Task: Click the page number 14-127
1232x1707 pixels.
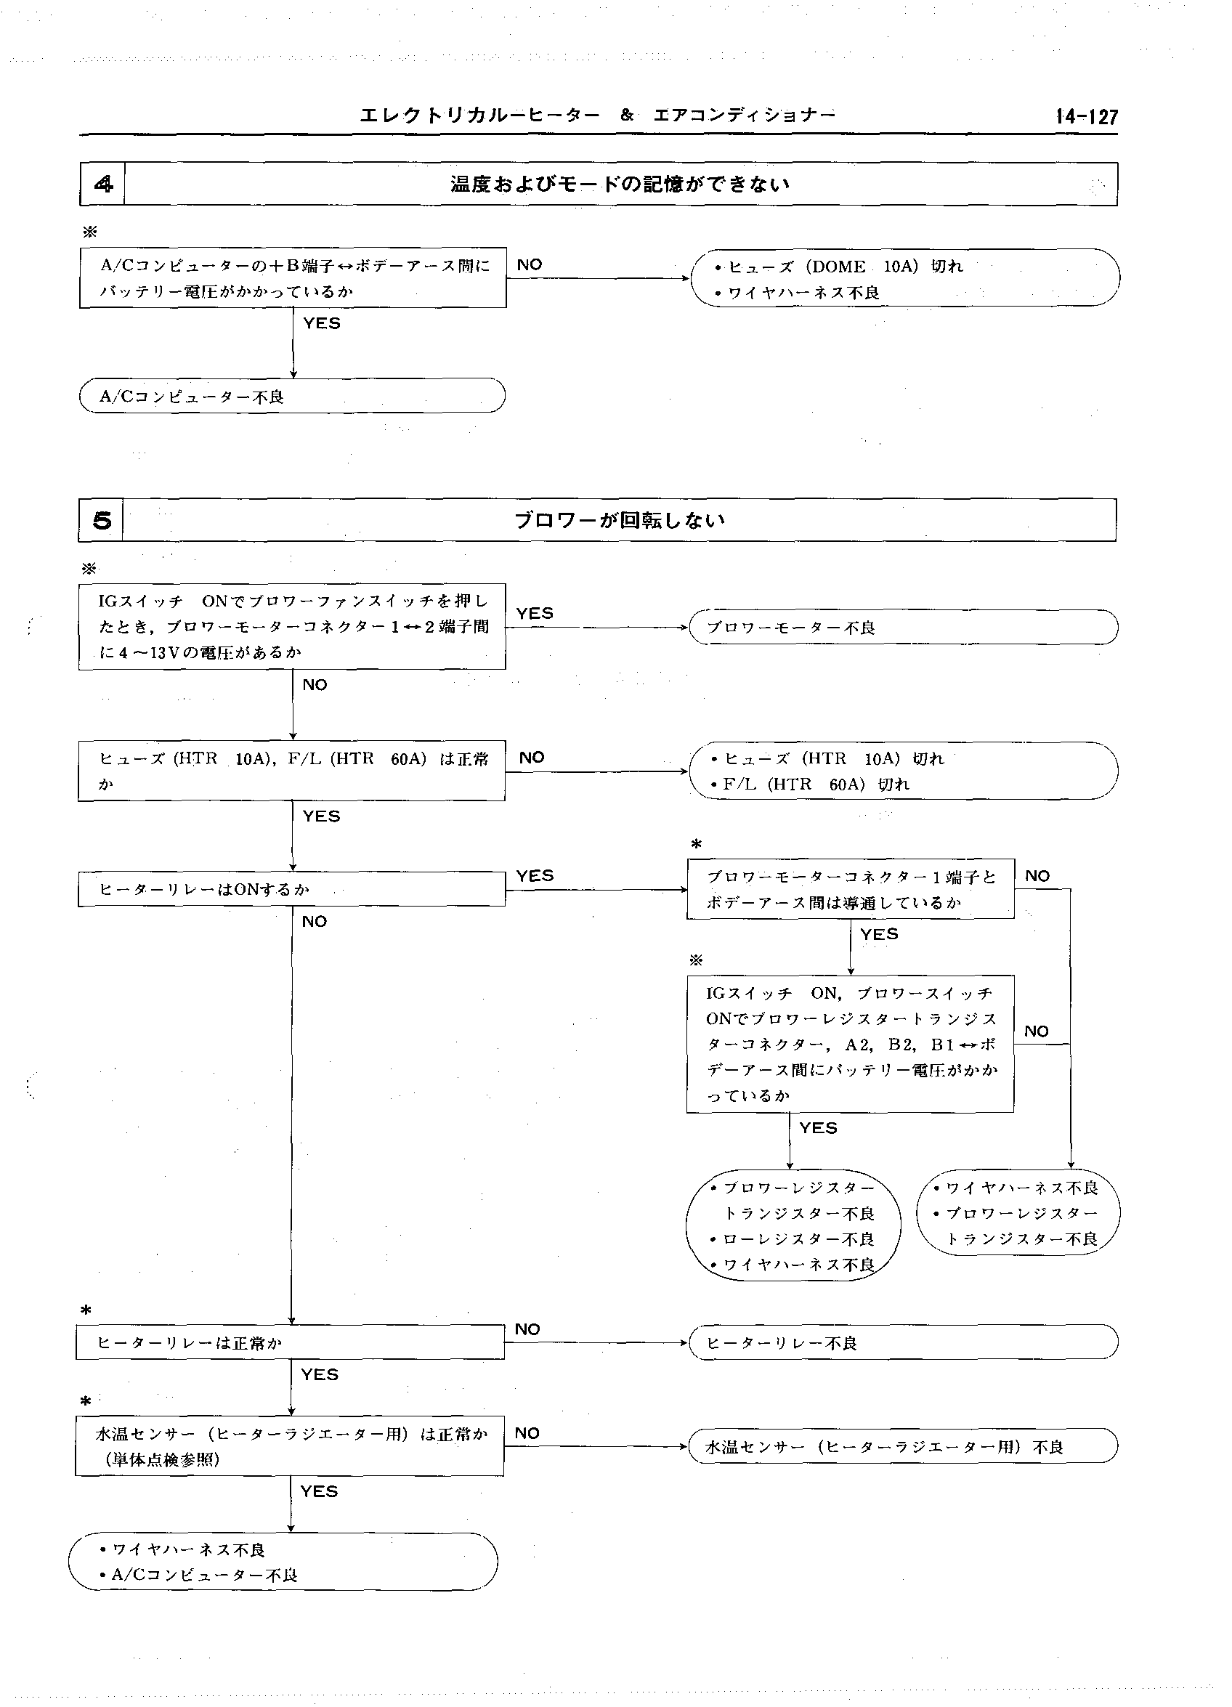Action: point(1086,117)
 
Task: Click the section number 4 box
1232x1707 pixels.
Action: point(102,184)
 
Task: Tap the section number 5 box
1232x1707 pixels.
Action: point(101,520)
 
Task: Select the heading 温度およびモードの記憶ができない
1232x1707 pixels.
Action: point(620,184)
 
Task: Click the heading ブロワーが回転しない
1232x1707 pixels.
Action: point(619,520)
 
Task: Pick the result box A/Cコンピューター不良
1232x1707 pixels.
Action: point(292,396)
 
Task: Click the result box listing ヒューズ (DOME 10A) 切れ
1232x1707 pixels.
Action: point(904,277)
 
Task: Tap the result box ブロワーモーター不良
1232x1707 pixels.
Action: point(903,627)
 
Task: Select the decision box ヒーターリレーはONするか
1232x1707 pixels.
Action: point(292,889)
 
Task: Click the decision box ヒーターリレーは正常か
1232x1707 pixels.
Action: point(291,1342)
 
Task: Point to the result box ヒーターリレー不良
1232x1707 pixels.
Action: point(903,1342)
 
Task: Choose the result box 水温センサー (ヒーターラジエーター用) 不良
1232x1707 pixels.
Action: point(903,1446)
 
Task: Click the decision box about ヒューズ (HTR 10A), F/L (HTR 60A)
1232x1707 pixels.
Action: point(292,771)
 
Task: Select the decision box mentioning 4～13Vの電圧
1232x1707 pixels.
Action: point(292,626)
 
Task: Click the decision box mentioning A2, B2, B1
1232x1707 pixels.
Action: point(851,1043)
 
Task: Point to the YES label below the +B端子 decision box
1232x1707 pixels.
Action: point(321,324)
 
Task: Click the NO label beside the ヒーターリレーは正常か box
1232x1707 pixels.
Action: point(527,1329)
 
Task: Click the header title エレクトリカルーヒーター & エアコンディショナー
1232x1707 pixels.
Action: point(597,115)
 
